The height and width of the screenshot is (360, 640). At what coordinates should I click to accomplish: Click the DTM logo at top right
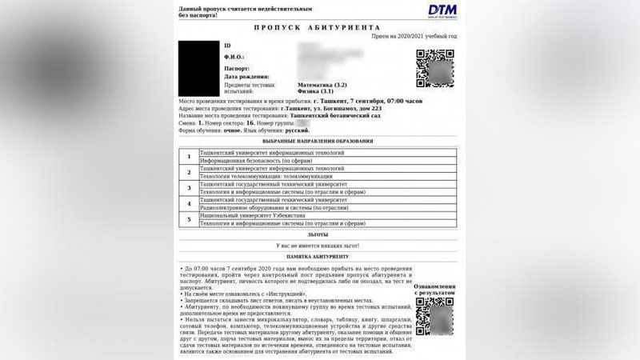pos(441,10)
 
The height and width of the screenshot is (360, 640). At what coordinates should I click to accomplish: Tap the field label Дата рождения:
pos(246,76)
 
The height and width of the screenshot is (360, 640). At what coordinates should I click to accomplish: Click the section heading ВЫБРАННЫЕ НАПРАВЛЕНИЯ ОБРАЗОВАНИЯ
pos(318,141)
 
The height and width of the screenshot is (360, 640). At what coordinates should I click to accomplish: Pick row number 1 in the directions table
pos(189,156)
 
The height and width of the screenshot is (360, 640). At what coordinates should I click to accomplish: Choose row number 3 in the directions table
pos(189,188)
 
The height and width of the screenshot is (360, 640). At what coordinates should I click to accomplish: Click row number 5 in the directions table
pos(189,219)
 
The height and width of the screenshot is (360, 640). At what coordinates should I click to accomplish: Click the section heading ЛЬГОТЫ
pos(318,234)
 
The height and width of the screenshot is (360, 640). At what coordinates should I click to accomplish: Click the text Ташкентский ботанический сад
pos(335,115)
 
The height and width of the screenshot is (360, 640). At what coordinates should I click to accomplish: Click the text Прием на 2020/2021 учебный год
pos(414,37)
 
